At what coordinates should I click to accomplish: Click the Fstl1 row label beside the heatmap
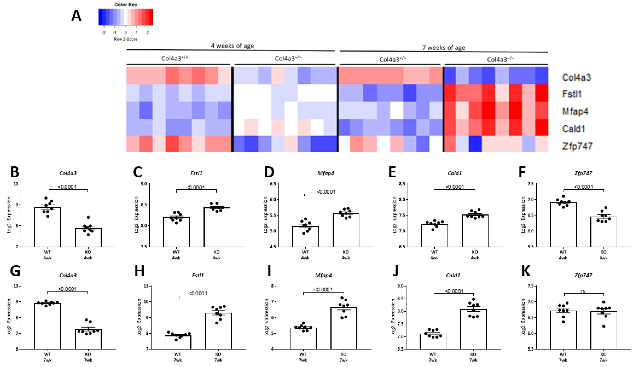click(x=572, y=94)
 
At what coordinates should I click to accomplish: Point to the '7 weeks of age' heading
click(x=444, y=47)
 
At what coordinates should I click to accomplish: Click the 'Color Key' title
click(x=125, y=5)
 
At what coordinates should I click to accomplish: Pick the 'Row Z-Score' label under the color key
click(x=125, y=39)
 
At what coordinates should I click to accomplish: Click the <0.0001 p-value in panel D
click(x=326, y=192)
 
